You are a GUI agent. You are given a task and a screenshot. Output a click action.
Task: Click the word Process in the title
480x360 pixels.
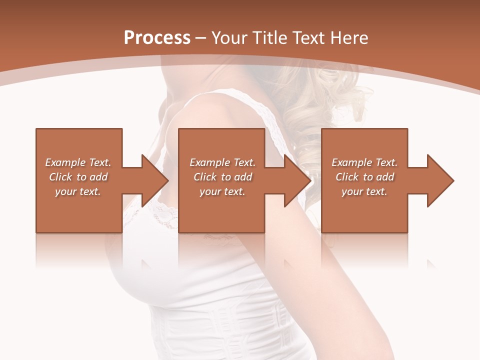pyautogui.click(x=157, y=38)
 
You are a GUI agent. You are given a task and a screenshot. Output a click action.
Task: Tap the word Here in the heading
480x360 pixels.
pyautogui.click(x=349, y=38)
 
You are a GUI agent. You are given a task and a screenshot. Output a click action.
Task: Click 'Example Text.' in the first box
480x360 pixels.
pyautogui.click(x=78, y=162)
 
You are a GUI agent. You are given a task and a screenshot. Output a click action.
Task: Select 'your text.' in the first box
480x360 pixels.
pyautogui.click(x=78, y=191)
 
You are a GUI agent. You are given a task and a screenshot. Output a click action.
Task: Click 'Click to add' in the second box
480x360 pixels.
pyautogui.click(x=222, y=177)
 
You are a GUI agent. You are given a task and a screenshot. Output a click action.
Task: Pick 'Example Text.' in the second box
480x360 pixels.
pyautogui.click(x=222, y=162)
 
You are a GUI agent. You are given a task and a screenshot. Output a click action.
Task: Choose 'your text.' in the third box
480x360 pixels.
pyautogui.click(x=364, y=191)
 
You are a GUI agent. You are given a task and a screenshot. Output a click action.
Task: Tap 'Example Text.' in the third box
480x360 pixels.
pyautogui.click(x=364, y=162)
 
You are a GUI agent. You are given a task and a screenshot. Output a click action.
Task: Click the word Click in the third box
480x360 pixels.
pyautogui.click(x=347, y=177)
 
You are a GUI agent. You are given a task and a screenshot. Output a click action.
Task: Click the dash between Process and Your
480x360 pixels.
pyautogui.click(x=201, y=38)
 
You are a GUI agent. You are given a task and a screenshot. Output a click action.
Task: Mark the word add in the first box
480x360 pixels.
pyautogui.click(x=99, y=177)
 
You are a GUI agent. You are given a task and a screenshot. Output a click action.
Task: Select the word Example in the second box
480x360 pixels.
pyautogui.click(x=210, y=162)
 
